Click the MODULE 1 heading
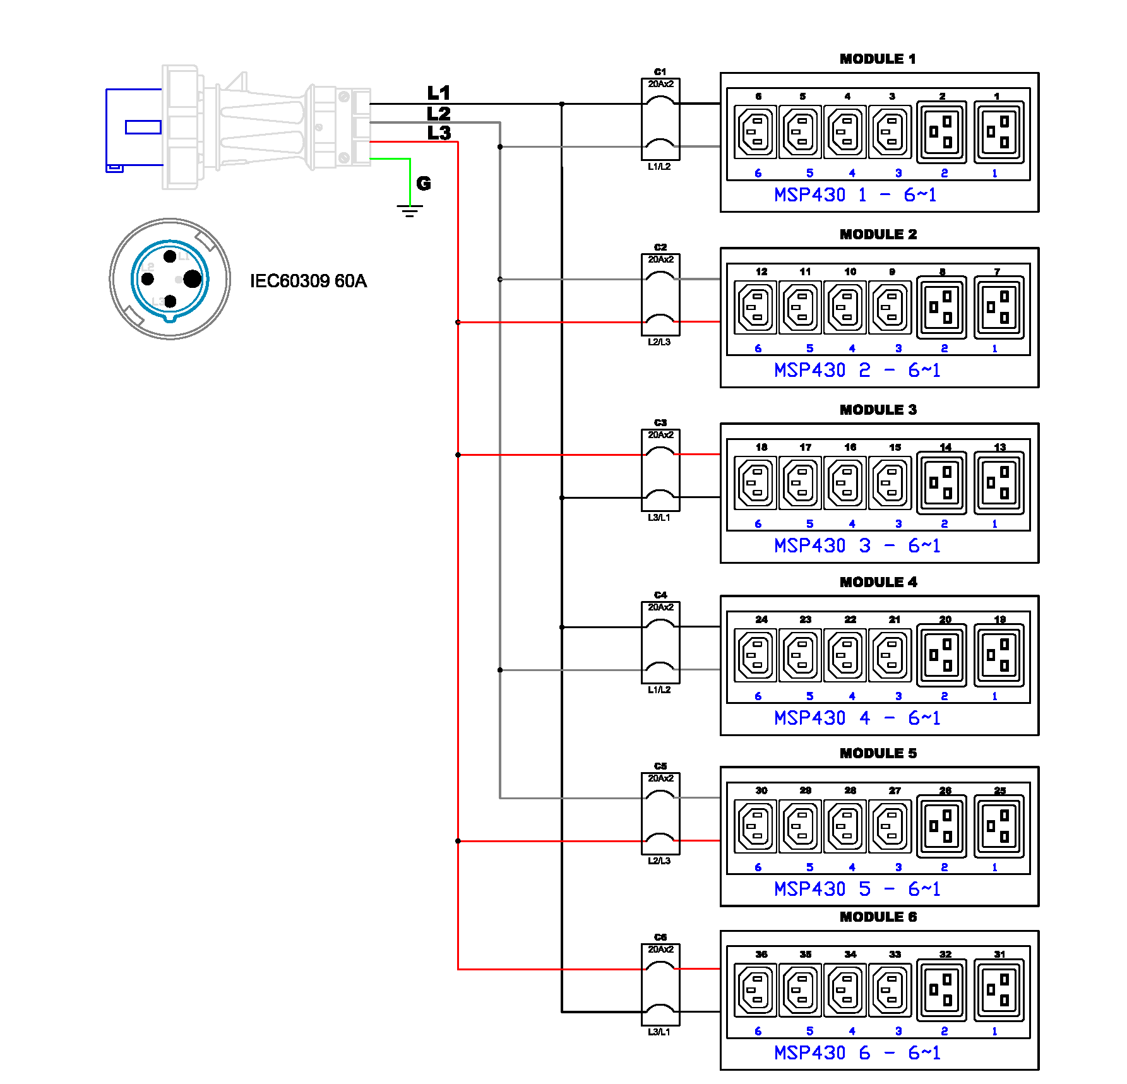pos(877,59)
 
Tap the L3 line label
pos(439,133)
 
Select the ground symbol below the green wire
pos(410,211)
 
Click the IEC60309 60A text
pos(308,281)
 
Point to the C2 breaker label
pos(660,247)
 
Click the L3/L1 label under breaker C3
pos(659,518)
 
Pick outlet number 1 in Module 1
pos(999,132)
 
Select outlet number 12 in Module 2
pos(756,307)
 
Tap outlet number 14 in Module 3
pos(941,483)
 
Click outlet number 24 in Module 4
pos(756,655)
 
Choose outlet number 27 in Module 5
pos(890,826)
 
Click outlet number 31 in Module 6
pos(999,991)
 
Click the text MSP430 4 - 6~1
pos(857,718)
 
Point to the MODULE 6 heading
pos(877,917)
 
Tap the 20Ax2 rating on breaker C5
pos(660,778)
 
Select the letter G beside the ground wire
pos(424,184)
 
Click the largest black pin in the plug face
pos(193,278)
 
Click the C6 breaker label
pos(660,938)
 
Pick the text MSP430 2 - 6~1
pos(857,370)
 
